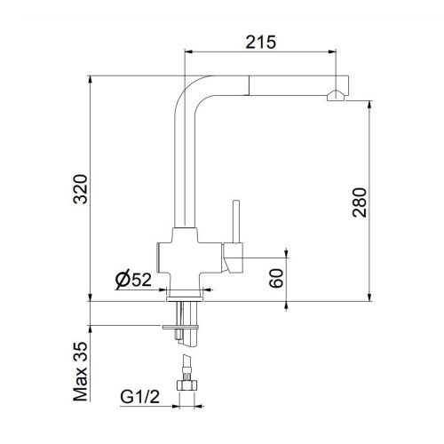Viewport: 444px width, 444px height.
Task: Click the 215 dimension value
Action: [261, 41]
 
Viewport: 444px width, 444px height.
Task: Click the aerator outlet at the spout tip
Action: [335, 99]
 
